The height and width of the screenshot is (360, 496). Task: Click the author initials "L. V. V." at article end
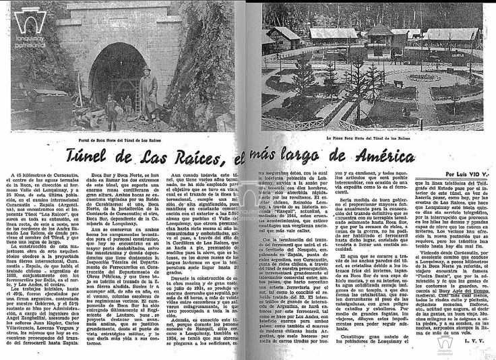pos(470,341)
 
